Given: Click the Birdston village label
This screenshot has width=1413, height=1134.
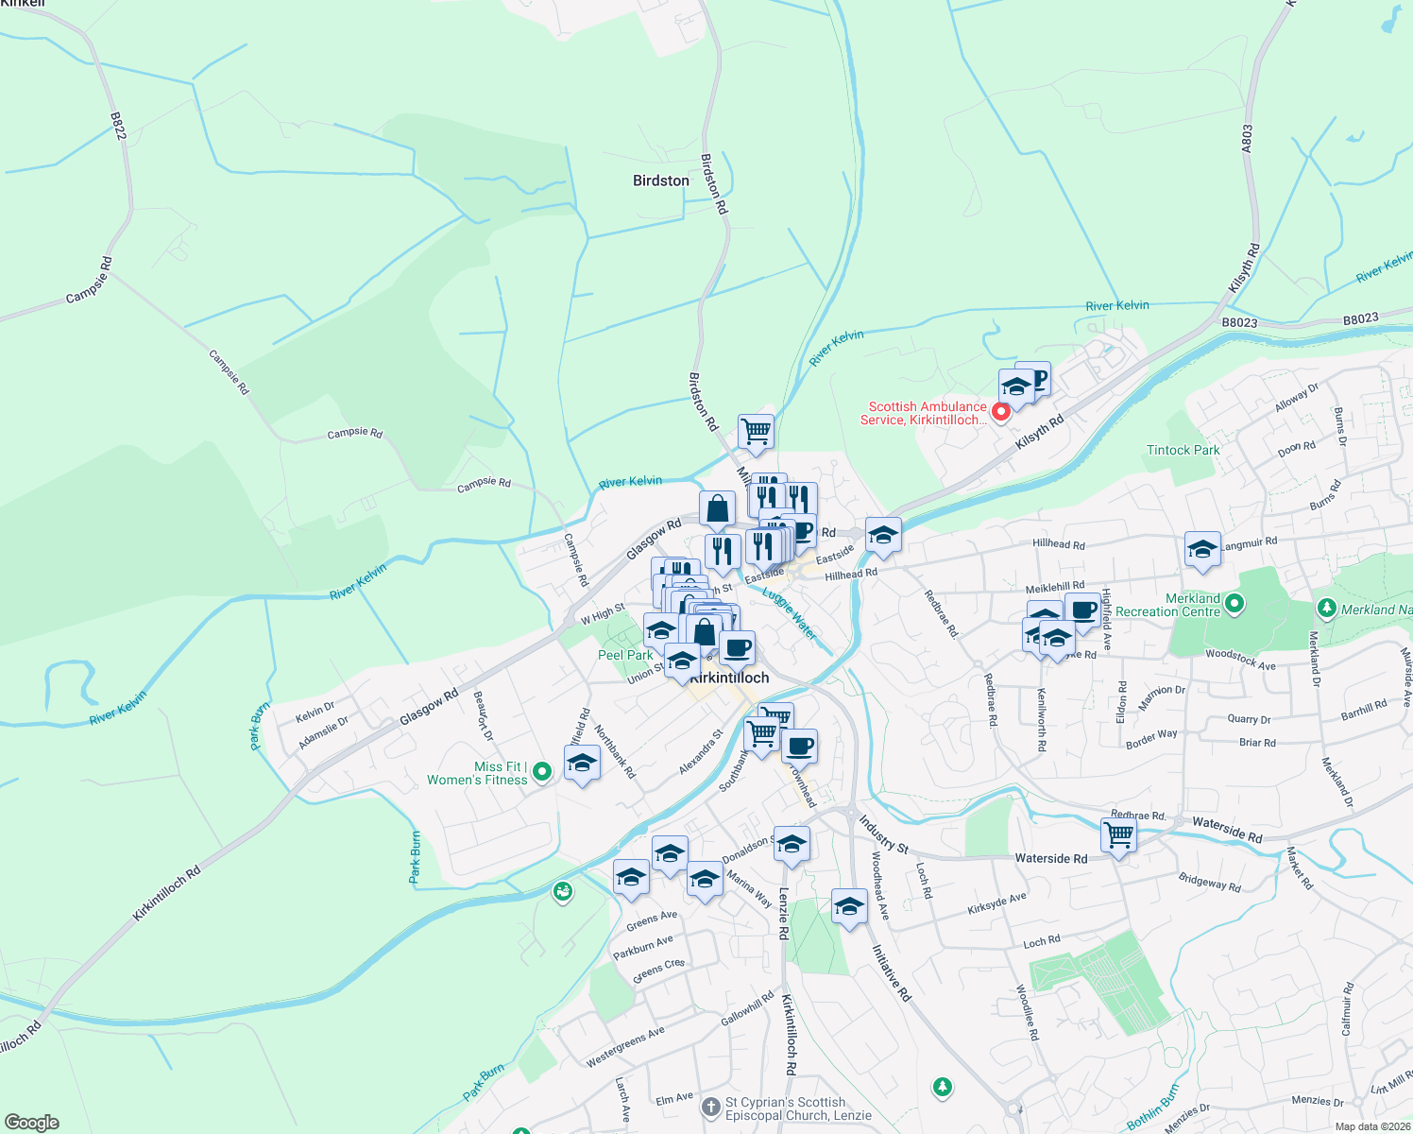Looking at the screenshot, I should coord(660,180).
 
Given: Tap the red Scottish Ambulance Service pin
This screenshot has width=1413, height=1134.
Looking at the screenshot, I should coord(1000,413).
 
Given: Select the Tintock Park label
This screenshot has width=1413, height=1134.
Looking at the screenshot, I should coord(1183,450).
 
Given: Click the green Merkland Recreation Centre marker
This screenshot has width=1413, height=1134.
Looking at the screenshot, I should coord(1234,603).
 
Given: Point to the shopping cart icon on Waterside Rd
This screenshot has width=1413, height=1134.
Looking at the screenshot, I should coord(1118,835).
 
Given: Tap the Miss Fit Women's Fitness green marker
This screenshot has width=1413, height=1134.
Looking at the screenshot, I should coord(542,772).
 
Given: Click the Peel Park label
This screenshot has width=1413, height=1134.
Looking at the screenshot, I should coord(625,655).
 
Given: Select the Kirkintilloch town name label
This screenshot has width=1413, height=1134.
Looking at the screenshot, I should coord(729,678).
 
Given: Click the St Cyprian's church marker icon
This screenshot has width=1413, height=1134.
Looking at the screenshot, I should coord(711,1108).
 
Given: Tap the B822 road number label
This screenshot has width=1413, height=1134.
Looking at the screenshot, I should coord(118,126).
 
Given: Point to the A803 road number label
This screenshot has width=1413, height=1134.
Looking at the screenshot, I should coord(1247,139).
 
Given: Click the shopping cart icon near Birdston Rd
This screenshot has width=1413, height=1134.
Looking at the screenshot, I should coord(756,432).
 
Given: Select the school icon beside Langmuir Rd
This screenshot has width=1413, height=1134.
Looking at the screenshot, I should coord(1202,549).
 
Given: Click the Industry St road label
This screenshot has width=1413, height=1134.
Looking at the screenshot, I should coord(883,834).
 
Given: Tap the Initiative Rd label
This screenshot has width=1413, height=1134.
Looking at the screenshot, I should coord(891,972).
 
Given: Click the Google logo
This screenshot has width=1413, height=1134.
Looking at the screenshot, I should coord(32,1123).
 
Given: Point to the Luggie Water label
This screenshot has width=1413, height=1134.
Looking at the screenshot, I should coord(790,613).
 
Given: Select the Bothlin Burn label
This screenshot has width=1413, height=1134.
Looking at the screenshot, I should coord(1152,1107).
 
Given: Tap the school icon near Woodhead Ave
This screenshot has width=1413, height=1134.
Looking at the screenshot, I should coord(849,906).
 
